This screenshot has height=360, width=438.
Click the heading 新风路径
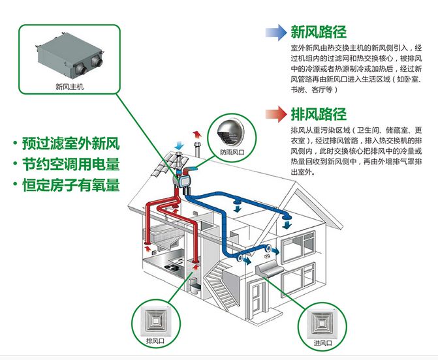[x=319, y=32]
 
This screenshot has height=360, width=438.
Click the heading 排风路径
[x=319, y=114]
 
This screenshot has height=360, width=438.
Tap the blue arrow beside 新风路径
[x=276, y=33]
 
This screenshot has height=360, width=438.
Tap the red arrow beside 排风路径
[x=276, y=114]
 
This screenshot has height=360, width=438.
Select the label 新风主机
[x=70, y=87]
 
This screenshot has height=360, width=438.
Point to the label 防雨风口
[x=232, y=152]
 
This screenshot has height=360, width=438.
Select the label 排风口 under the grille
[x=155, y=341]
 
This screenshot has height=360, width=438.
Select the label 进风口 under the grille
[x=322, y=343]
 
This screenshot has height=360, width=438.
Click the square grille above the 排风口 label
[x=155, y=322]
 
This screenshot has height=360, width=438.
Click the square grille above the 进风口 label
[x=322, y=323]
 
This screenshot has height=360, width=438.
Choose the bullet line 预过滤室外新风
[x=67, y=143]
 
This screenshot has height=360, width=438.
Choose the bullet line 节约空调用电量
[x=67, y=164]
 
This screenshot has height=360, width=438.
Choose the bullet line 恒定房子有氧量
[x=67, y=185]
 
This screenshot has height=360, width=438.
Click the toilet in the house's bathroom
[x=195, y=284]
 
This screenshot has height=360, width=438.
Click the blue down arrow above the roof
[x=179, y=145]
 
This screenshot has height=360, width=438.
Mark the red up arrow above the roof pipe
[x=197, y=134]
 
